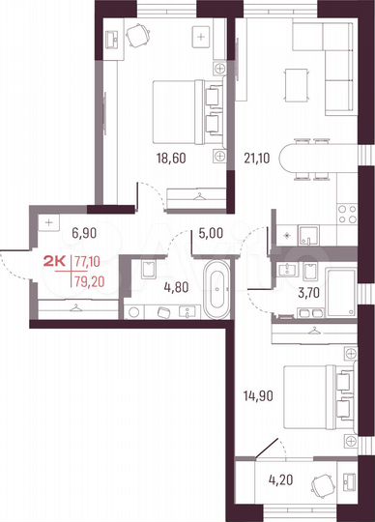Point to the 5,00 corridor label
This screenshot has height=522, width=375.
(213, 232)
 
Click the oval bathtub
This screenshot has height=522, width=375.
(215, 286)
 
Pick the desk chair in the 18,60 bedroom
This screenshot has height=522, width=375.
(138, 37)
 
